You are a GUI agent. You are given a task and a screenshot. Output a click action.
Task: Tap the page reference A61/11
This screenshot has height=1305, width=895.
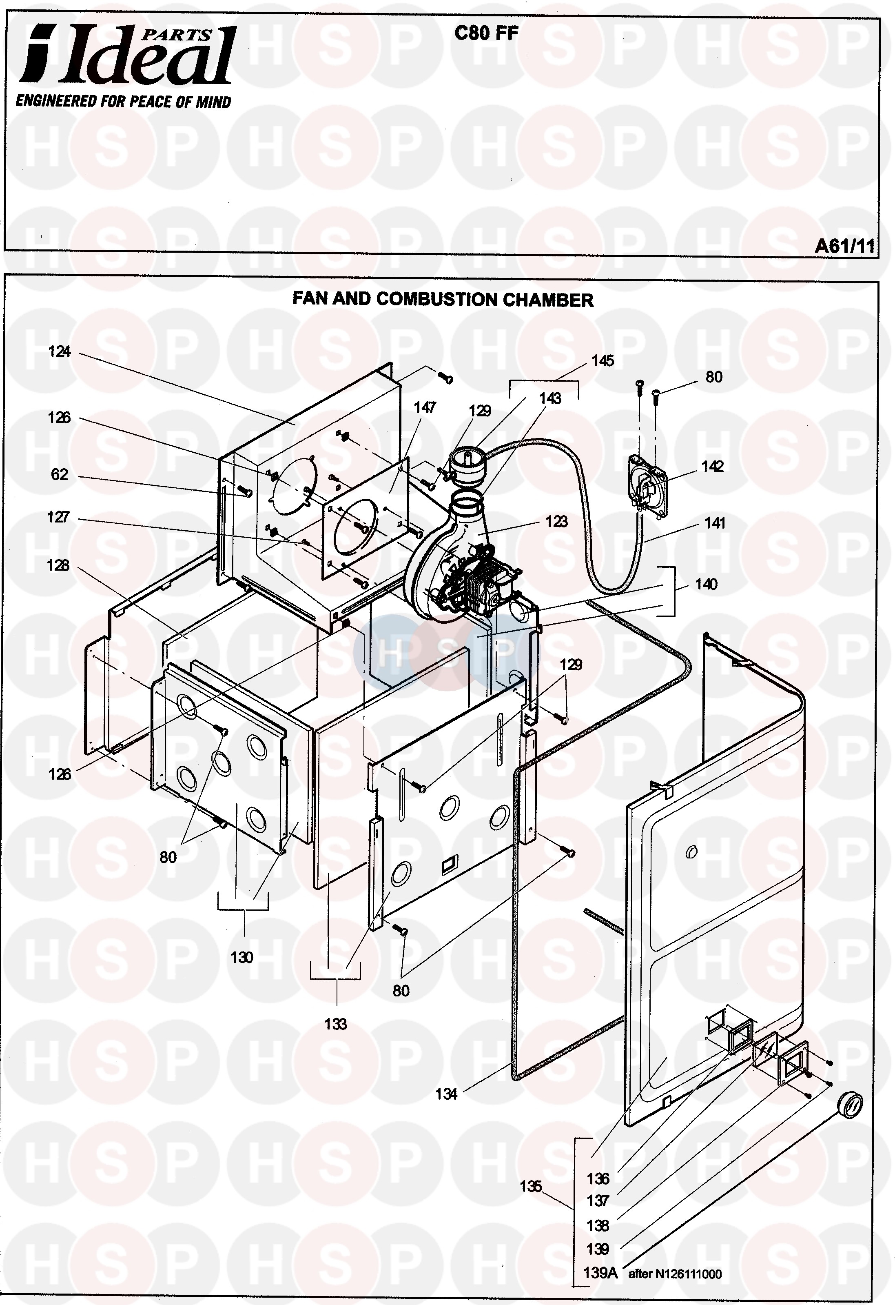pos(844,246)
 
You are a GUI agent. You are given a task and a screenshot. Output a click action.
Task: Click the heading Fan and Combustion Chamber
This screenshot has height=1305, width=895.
pos(443,299)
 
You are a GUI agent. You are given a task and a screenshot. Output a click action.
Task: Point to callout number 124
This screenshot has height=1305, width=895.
pos(60,351)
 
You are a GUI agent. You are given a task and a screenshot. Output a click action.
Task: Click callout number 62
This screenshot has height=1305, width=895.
pos(60,474)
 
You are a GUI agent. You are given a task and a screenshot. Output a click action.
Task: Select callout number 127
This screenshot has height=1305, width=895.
pos(58,517)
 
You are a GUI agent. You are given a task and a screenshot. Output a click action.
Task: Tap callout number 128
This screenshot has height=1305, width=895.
pos(58,565)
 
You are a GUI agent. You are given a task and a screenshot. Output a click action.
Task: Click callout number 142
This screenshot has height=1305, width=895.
pos(712,466)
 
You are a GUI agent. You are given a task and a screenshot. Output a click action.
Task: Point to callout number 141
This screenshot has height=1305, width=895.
pos(715,523)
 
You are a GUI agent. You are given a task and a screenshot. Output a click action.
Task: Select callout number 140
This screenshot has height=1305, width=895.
pos(706,584)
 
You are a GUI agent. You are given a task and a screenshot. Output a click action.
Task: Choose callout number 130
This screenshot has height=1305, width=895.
pos(242,957)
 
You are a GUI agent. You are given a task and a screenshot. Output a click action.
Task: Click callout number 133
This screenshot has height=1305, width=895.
pos(336,1024)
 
